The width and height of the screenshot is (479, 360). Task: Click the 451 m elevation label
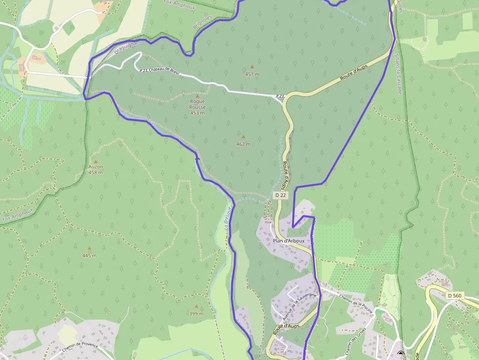pos(252,74)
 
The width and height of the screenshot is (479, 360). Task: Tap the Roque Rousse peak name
pos(197,104)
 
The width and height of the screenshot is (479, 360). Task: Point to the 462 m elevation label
pos(243,144)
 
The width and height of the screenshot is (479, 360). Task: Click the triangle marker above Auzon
pos(96,161)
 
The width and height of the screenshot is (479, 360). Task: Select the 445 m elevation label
pos(89,255)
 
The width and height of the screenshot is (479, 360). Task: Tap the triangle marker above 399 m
pos(196,306)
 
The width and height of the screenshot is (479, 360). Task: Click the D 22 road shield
pos(280,195)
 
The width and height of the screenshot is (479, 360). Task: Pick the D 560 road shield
pos(454,296)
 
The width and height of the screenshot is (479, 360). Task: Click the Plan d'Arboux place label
pos(288,241)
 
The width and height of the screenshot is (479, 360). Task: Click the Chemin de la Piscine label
pos(356,305)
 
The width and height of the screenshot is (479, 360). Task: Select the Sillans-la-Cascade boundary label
pos(398,74)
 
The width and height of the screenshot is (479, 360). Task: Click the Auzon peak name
pos(96,167)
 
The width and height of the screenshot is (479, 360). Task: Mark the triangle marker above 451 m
pos(252,66)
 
